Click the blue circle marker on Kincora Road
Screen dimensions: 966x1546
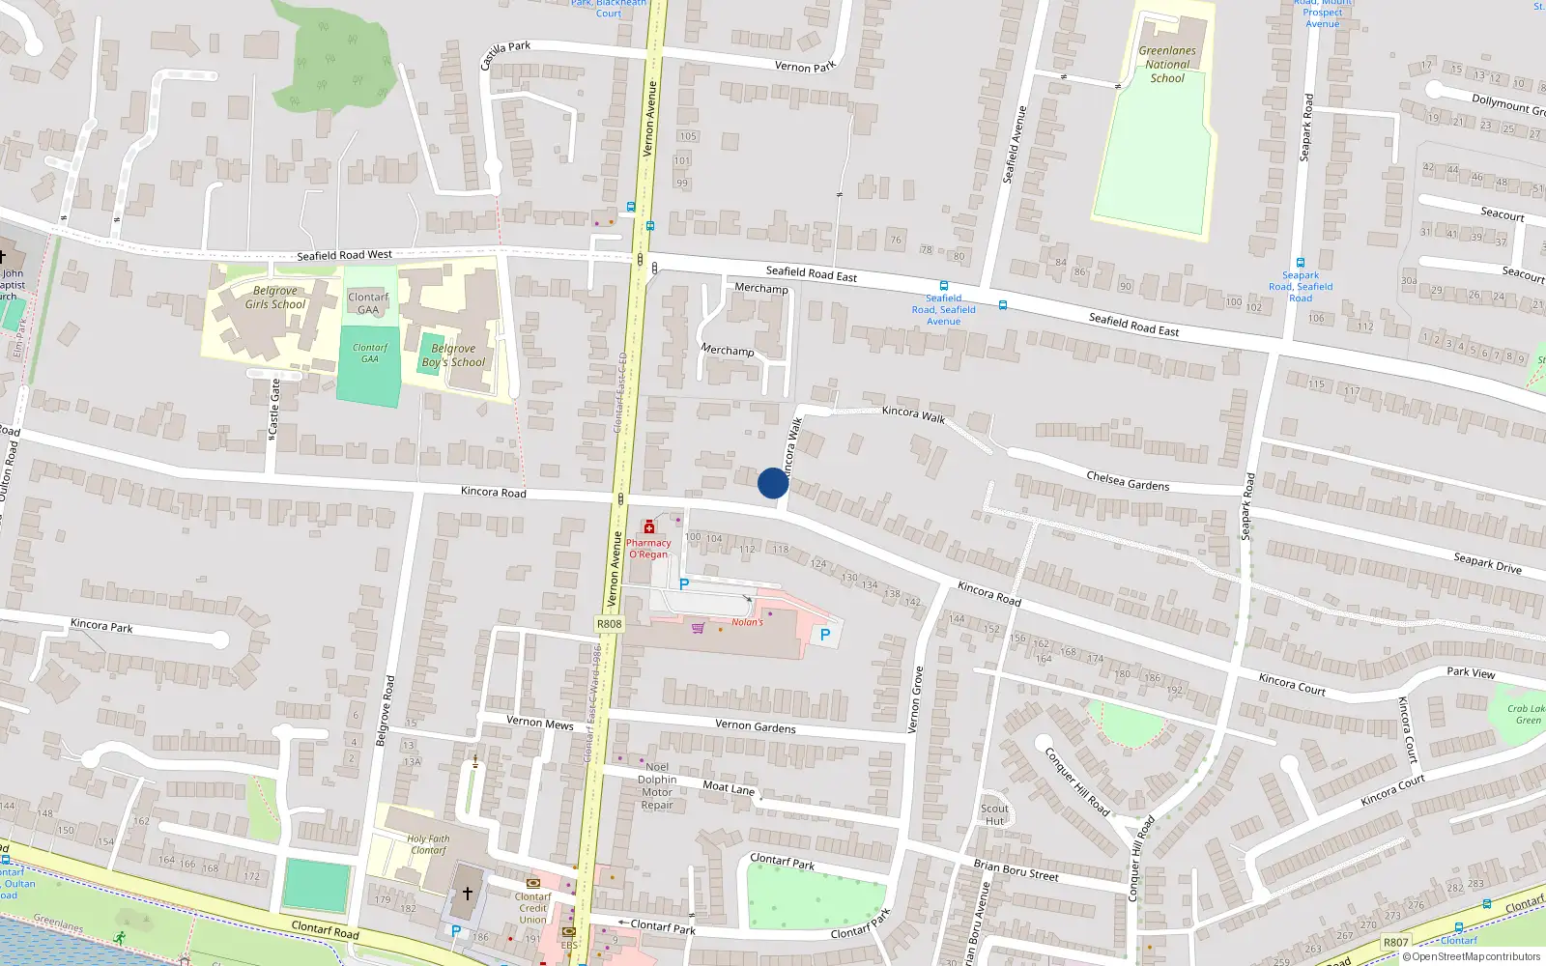pyautogui.click(x=773, y=483)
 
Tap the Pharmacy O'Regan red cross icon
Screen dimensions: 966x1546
pyautogui.click(x=648, y=527)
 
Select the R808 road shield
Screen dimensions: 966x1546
pyautogui.click(x=609, y=624)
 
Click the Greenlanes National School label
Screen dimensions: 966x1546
pyautogui.click(x=1167, y=65)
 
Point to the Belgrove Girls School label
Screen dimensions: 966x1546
pyautogui.click(x=274, y=298)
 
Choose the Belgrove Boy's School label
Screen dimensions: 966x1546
pyautogui.click(x=453, y=355)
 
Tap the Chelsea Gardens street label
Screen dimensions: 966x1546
pyautogui.click(x=1128, y=480)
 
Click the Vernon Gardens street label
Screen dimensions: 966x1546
pyautogui.click(x=756, y=726)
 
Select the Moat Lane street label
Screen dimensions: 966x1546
pyautogui.click(x=729, y=787)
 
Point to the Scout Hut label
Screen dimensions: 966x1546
pyautogui.click(x=994, y=814)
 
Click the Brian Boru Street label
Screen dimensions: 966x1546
pyautogui.click(x=1016, y=870)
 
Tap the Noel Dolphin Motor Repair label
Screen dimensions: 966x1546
pyautogui.click(x=657, y=785)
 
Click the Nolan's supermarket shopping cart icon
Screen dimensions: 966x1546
pyautogui.click(x=698, y=628)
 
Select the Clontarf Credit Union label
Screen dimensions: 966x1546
pyautogui.click(x=532, y=908)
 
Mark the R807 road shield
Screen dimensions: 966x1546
pyautogui.click(x=1395, y=942)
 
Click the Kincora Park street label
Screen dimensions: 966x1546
pyautogui.click(x=101, y=626)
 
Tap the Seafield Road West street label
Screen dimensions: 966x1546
pyautogui.click(x=344, y=256)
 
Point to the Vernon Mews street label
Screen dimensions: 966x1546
pyautogui.click(x=539, y=723)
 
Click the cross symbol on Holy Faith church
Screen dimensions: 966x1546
pyautogui.click(x=468, y=894)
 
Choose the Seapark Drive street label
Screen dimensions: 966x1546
pyautogui.click(x=1487, y=563)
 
